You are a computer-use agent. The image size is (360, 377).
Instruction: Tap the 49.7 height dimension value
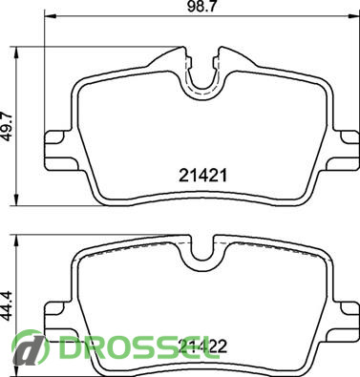[8, 126]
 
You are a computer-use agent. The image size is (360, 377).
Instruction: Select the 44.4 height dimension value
[8, 305]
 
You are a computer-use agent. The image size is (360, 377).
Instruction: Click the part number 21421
[202, 176]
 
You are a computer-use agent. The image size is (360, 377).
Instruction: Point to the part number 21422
[202, 346]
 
